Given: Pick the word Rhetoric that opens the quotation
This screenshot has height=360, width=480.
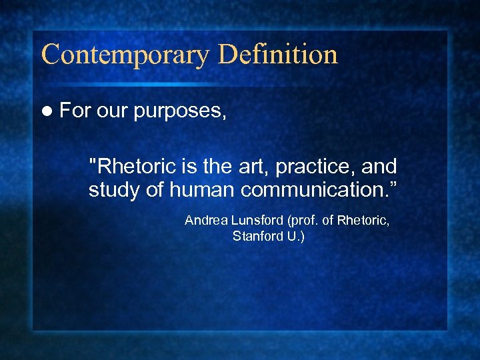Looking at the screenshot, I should pos(137,166).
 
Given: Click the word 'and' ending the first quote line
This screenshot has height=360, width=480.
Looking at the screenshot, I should pos(379,166).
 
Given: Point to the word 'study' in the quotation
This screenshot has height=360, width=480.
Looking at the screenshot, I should pos(114,191).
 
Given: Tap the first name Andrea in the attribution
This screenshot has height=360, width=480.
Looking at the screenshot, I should pos(203,220).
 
